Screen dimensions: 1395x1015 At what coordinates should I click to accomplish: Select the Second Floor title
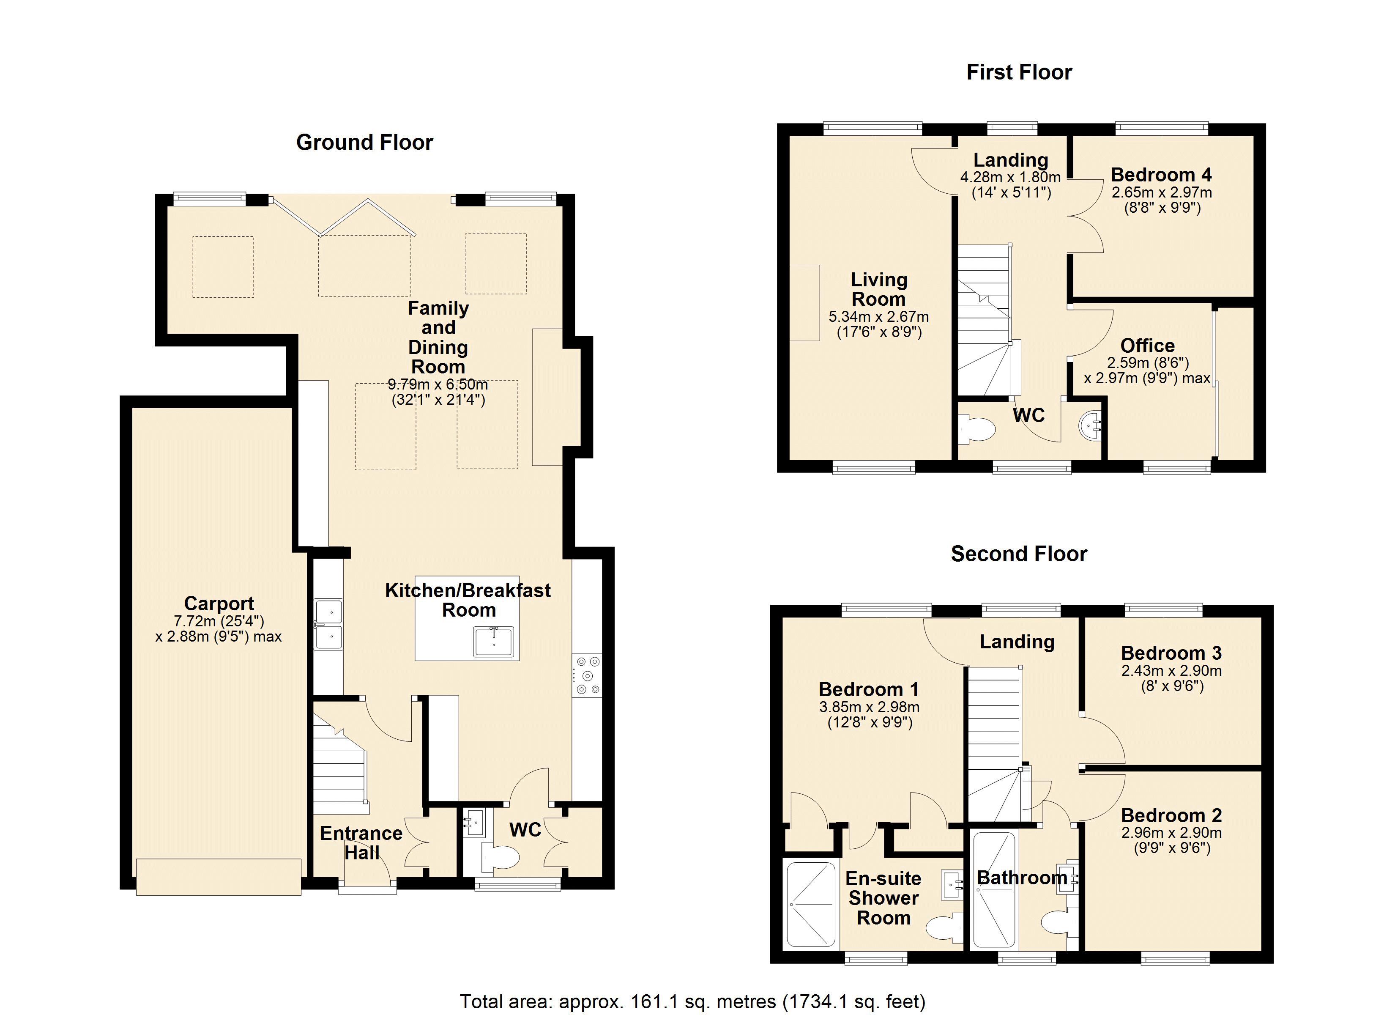tap(1019, 554)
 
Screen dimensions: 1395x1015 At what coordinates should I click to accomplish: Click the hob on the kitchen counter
tap(587, 676)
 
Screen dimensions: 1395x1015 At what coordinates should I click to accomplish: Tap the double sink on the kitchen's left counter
tap(329, 624)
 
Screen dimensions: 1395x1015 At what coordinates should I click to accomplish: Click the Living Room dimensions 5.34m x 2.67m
tap(878, 317)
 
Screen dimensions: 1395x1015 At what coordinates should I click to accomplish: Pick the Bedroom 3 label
tap(1171, 653)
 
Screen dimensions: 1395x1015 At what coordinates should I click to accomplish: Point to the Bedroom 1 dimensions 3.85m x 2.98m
tap(869, 707)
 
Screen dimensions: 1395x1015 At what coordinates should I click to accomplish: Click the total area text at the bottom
tap(692, 1001)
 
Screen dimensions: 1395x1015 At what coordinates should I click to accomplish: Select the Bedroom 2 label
tap(1171, 815)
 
